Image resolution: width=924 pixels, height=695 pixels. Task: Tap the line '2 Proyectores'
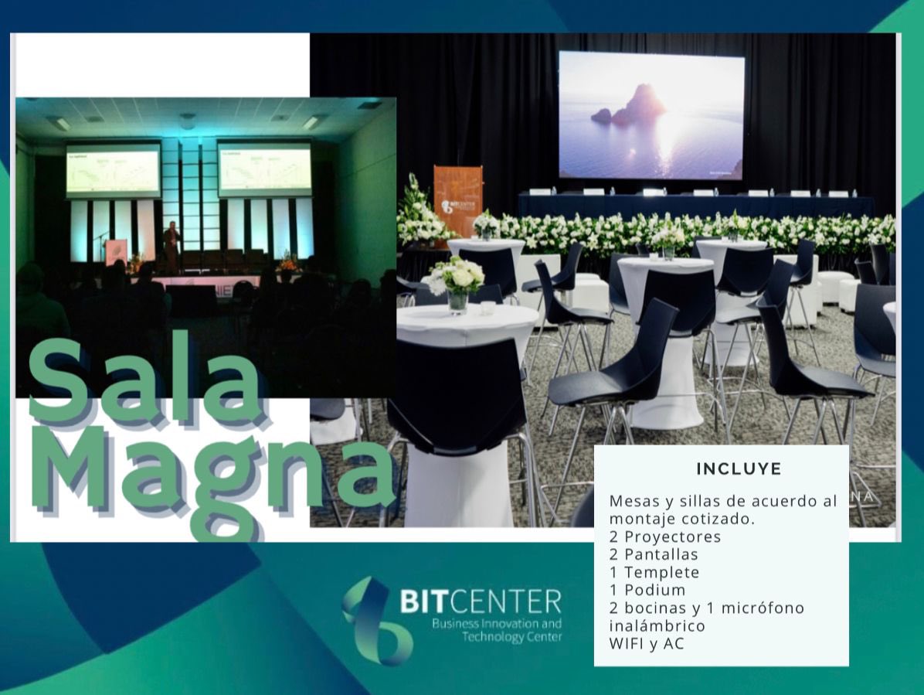664,537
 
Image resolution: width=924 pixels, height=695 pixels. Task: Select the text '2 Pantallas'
653,554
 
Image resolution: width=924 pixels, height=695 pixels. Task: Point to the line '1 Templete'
654,572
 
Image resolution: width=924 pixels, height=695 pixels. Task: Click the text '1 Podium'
647,590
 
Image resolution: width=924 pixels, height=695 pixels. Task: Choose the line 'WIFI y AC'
647,643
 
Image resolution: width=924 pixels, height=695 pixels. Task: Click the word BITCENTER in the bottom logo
480,601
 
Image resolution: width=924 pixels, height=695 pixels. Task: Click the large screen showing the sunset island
651,115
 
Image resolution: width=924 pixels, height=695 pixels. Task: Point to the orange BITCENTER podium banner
457,200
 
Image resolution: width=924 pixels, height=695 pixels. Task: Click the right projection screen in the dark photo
264,169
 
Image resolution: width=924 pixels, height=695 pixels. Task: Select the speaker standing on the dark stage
171,245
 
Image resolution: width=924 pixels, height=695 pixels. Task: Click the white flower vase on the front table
457,284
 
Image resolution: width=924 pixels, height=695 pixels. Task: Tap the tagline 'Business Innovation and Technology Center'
496,630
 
